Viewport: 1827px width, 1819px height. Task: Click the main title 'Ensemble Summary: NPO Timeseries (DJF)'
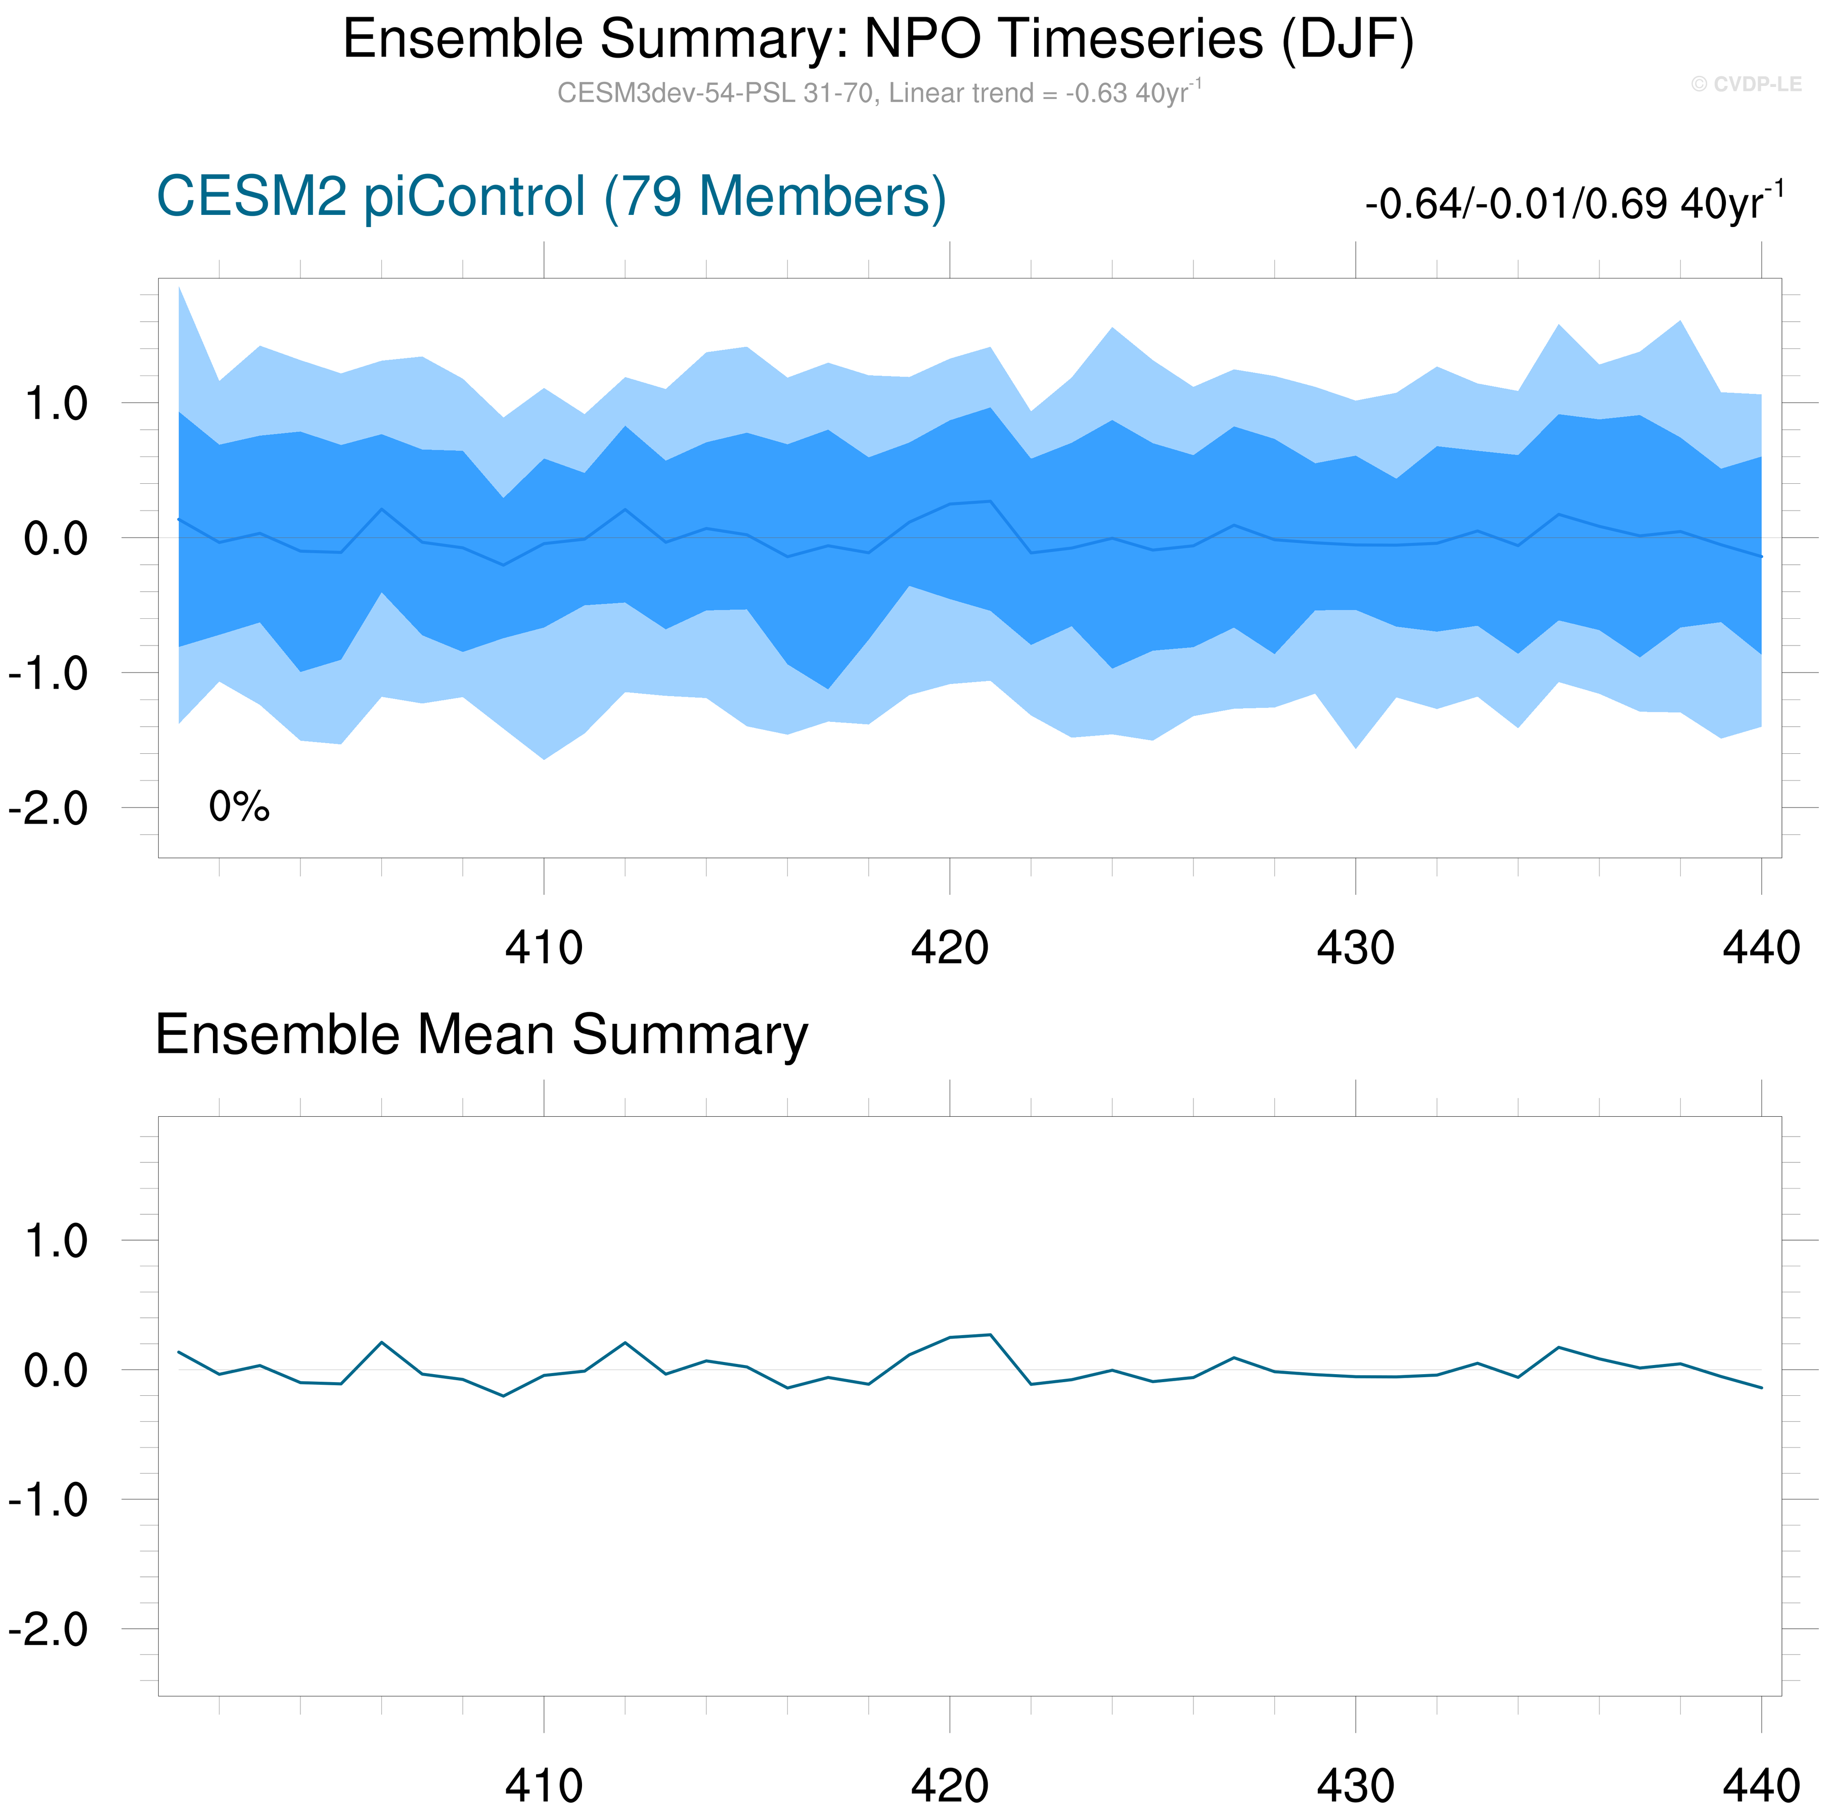877,40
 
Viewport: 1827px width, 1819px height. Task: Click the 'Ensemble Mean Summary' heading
481,1034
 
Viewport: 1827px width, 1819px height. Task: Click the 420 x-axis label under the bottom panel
950,1786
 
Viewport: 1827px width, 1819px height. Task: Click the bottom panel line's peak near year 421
990,1335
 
